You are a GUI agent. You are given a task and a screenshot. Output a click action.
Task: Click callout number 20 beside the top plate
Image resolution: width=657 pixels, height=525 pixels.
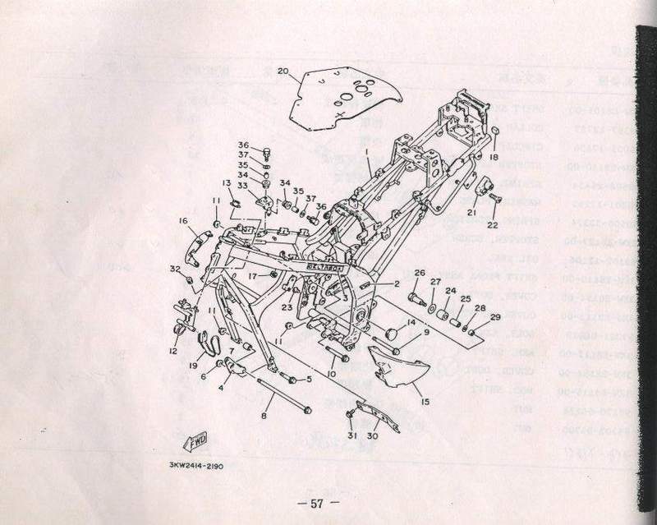(283, 71)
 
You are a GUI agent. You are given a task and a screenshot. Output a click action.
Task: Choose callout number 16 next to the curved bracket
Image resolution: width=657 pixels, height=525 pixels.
(184, 220)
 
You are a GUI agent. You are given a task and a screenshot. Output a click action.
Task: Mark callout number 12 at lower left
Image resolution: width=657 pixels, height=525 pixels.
(174, 351)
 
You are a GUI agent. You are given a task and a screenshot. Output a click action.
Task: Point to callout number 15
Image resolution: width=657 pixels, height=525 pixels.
(425, 402)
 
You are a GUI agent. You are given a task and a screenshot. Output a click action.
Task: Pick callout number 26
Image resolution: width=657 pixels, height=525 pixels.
(418, 273)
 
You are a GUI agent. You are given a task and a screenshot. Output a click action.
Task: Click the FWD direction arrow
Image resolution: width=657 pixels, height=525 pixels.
(198, 444)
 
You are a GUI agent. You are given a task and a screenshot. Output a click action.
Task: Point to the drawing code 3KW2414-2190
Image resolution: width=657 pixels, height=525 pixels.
(193, 465)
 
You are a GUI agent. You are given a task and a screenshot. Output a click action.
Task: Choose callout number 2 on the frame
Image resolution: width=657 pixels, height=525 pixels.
(395, 283)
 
